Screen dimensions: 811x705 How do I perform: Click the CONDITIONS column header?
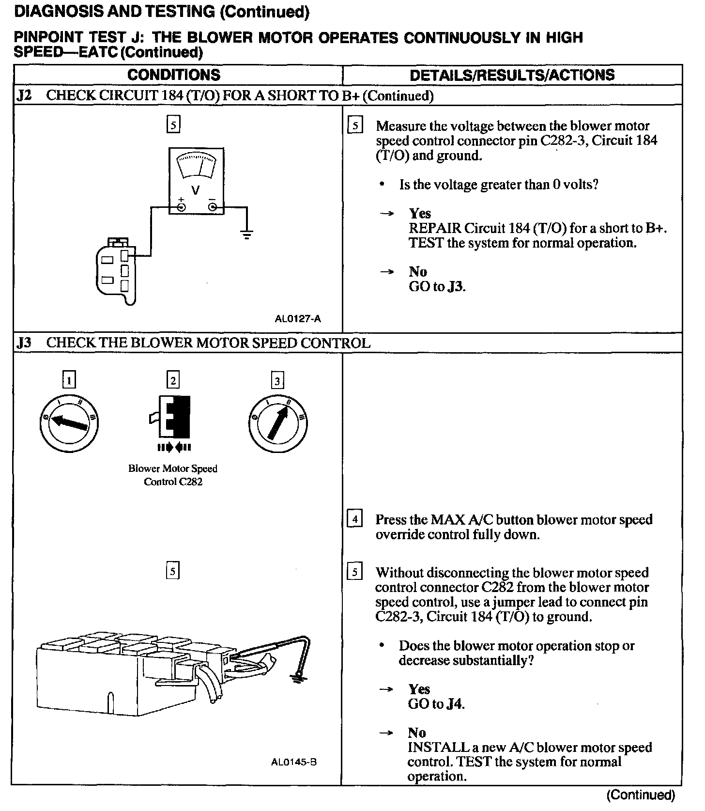[x=173, y=75]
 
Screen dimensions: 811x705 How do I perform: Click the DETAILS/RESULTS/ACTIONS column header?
[x=512, y=75]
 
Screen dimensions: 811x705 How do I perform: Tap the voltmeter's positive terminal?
[x=181, y=207]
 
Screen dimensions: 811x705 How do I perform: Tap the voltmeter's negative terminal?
[x=213, y=207]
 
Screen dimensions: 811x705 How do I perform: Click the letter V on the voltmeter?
[x=196, y=190]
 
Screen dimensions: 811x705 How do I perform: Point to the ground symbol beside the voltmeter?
[x=247, y=235]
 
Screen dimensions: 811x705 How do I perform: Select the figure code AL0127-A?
[x=297, y=319]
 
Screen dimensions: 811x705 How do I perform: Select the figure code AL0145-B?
[x=294, y=762]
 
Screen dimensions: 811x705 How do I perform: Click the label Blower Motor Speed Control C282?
[x=173, y=475]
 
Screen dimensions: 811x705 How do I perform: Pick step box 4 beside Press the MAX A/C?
[x=355, y=519]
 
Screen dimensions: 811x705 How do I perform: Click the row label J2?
[x=24, y=95]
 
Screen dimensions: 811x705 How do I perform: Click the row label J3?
[x=24, y=343]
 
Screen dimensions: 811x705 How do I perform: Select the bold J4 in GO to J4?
[x=455, y=704]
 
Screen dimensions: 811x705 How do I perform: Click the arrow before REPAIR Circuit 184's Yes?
[x=386, y=214]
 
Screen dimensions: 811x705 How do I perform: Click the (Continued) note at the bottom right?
[x=640, y=795]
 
